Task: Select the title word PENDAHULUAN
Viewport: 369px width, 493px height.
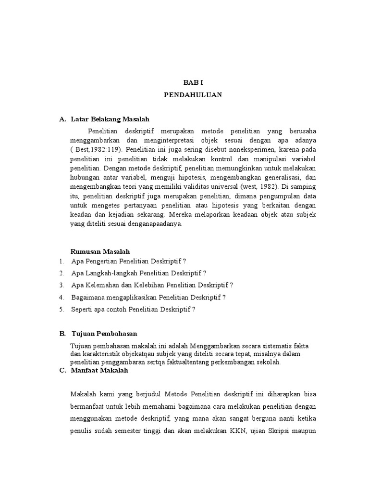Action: click(x=193, y=95)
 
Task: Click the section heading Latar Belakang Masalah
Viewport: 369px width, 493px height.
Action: click(x=111, y=119)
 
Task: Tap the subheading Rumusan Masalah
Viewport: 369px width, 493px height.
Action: click(x=100, y=251)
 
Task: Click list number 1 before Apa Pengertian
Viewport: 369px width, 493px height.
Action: click(x=61, y=261)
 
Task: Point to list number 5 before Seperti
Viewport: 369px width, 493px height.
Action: click(x=61, y=309)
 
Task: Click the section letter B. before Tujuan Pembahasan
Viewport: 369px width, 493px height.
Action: click(x=62, y=334)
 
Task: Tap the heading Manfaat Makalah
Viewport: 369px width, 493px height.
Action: click(x=99, y=371)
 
